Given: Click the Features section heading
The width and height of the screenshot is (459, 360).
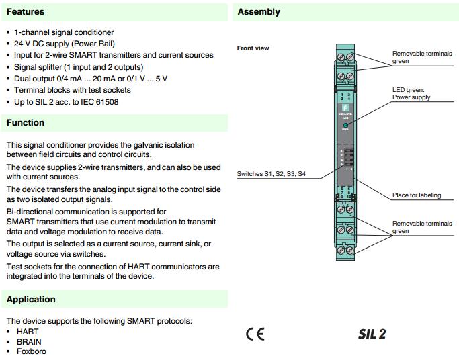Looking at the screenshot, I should pyautogui.click(x=26, y=11).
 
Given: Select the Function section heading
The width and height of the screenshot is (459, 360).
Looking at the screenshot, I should pyautogui.click(x=26, y=122).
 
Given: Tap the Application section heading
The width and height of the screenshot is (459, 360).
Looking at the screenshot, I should pyautogui.click(x=31, y=299).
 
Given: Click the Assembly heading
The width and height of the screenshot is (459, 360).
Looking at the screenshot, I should pyautogui.click(x=259, y=11).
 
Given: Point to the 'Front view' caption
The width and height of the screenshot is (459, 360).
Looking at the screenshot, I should pyautogui.click(x=253, y=48).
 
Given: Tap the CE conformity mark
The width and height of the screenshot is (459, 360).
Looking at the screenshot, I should pyautogui.click(x=255, y=334).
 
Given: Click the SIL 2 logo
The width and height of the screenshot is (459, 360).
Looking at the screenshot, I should pyautogui.click(x=372, y=334).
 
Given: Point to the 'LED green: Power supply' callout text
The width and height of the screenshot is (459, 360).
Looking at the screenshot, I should pyautogui.click(x=411, y=93).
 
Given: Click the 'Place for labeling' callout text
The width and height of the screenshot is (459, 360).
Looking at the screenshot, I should pyautogui.click(x=417, y=195).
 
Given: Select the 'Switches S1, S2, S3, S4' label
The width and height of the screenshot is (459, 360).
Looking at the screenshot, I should pyautogui.click(x=271, y=174).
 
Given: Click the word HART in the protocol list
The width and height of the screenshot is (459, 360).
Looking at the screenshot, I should pyautogui.click(x=28, y=332).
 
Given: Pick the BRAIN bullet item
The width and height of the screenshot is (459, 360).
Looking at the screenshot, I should pyautogui.click(x=29, y=341).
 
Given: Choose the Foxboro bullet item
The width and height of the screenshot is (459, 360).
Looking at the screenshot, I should pyautogui.click(x=32, y=351).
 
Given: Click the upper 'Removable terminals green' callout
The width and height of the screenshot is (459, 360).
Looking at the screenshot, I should pyautogui.click(x=422, y=57).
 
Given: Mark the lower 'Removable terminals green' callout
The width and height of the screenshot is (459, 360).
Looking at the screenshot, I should pyautogui.click(x=422, y=227).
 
